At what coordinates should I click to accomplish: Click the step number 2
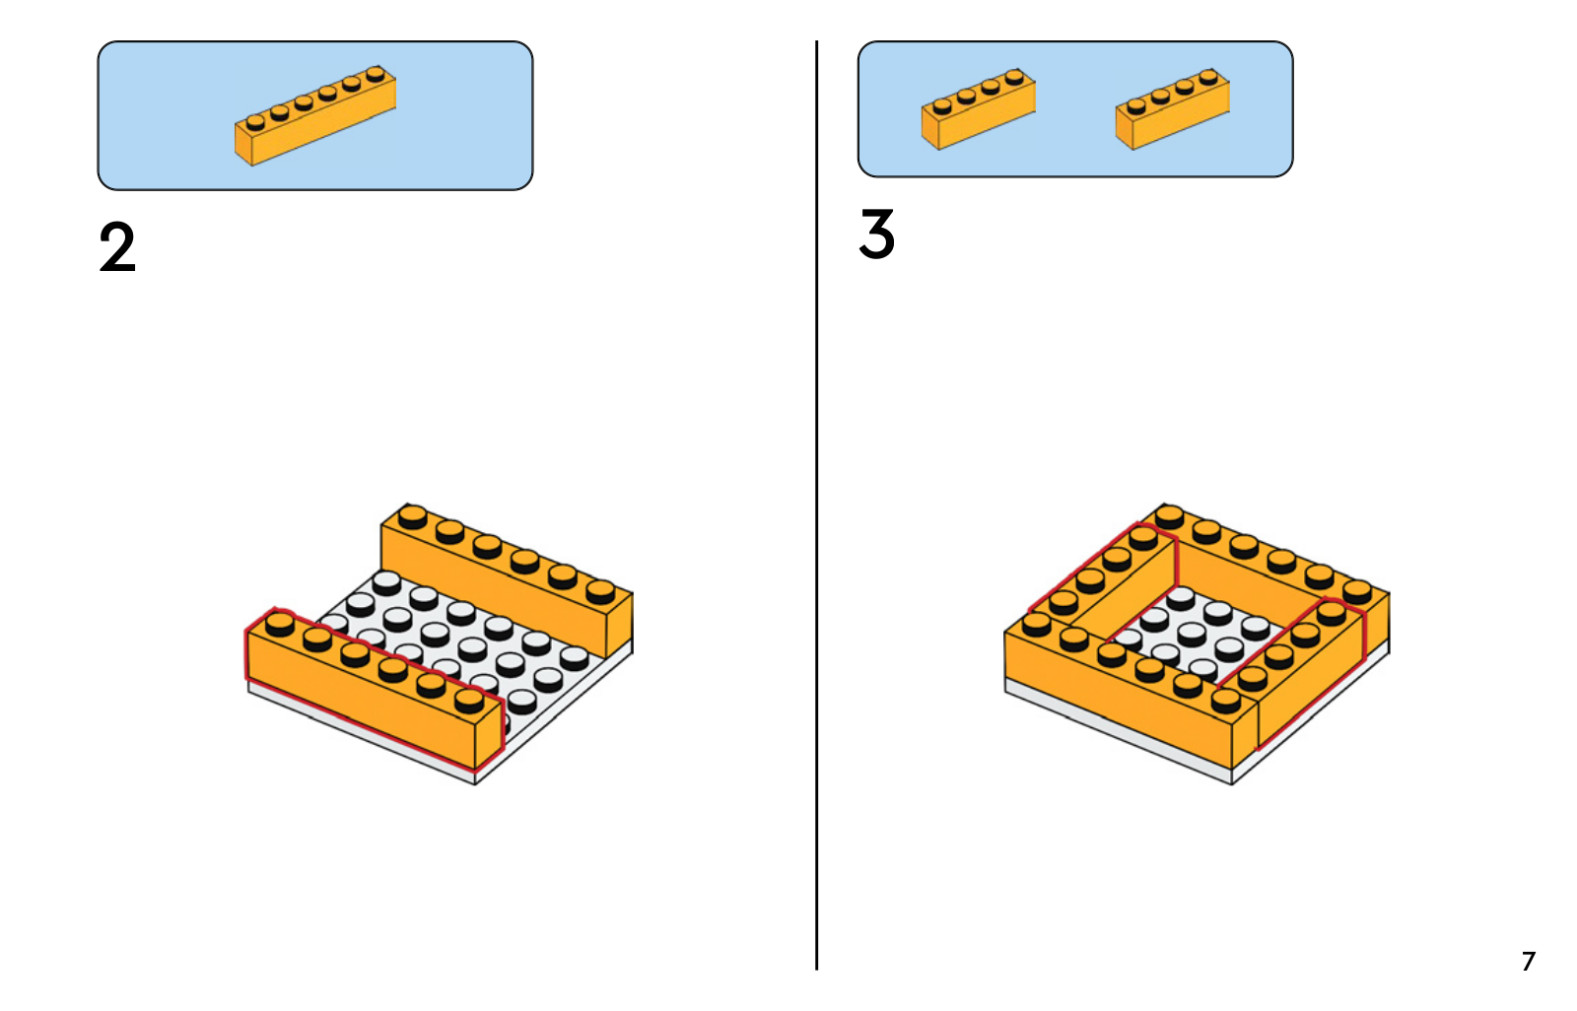117,247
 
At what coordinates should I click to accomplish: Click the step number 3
876,235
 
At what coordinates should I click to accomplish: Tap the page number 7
1528,961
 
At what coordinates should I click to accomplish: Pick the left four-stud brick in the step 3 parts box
978,109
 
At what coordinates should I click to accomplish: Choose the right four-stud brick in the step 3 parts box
1172,109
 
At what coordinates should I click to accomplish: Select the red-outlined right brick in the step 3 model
1306,680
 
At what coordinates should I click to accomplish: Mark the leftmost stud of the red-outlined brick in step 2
280,623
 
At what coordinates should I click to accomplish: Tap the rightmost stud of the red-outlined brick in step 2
469,700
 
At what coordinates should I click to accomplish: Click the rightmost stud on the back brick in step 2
600,591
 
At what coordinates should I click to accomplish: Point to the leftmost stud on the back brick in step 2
413,516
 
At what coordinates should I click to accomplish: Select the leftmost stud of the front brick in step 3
1037,623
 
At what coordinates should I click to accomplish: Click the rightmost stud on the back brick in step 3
1357,591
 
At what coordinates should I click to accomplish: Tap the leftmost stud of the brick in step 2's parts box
256,122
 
